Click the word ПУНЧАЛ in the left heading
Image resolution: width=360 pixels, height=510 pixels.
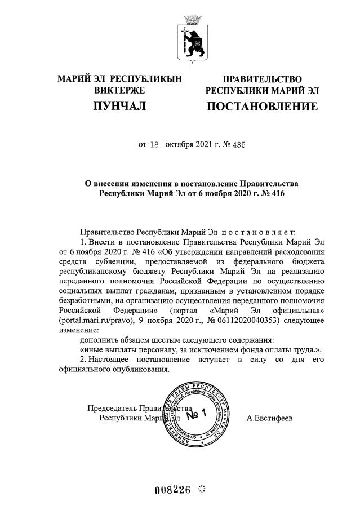point(119,106)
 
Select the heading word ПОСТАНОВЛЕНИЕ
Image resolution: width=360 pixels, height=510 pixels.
point(262,107)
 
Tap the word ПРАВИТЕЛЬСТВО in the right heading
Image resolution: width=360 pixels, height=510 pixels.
point(262,79)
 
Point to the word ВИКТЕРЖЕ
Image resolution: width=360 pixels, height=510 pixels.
point(119,90)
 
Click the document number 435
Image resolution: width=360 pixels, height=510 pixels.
point(239,144)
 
